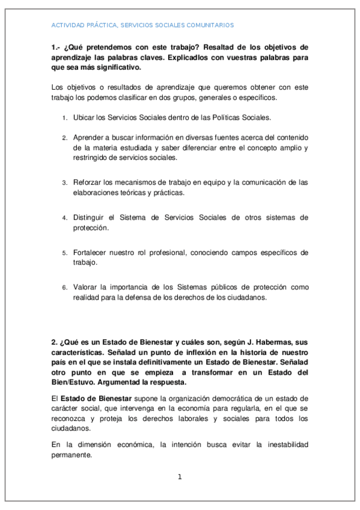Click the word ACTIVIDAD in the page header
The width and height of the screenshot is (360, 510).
(x=67, y=25)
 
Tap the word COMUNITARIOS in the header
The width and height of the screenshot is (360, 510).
(x=209, y=25)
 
